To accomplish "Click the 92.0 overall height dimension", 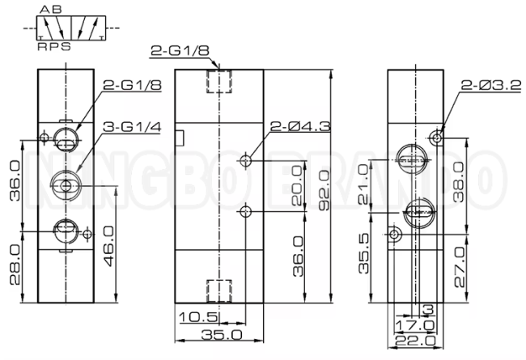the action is coord(325,190).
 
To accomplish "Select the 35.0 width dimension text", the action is coord(222,334).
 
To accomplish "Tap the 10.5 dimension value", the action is coord(199,317).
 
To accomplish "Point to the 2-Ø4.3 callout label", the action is coord(300,126).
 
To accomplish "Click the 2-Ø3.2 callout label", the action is coord(491,85).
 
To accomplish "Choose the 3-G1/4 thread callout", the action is coord(132,127).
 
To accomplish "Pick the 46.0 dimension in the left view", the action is coord(108,246).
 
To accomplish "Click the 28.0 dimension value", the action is coord(15,265).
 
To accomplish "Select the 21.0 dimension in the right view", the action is coord(363,184).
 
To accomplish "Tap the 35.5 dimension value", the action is coord(363,253).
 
